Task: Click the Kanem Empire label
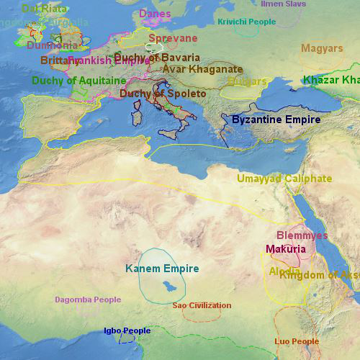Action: (x=162, y=269)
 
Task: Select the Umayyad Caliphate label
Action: (x=284, y=179)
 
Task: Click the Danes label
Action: (x=155, y=14)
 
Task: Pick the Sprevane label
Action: (x=173, y=38)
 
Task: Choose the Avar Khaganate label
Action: (x=202, y=69)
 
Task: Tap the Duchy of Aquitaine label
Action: (x=78, y=81)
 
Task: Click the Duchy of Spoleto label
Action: (x=163, y=94)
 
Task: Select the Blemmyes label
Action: (x=302, y=235)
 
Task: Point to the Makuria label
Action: (x=286, y=249)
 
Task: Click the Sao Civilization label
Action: (x=202, y=305)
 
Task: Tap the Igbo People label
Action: (x=127, y=331)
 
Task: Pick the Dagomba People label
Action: (x=88, y=300)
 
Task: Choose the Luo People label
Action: (x=297, y=341)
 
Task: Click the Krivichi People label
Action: (x=246, y=22)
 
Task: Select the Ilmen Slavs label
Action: (x=283, y=4)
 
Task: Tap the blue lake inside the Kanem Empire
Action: (x=166, y=287)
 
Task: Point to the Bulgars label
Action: (x=247, y=81)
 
